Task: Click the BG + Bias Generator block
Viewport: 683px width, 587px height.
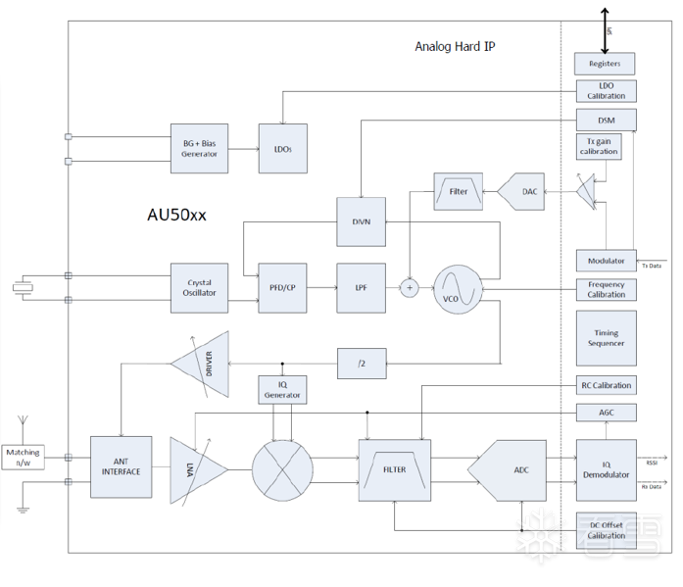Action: pyautogui.click(x=199, y=149)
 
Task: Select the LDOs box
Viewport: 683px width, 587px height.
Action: pyautogui.click(x=283, y=149)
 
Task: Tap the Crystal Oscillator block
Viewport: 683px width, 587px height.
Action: pyautogui.click(x=199, y=288)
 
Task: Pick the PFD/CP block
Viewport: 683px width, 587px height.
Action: pyautogui.click(x=283, y=288)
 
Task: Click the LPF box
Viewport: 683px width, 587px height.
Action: pyautogui.click(x=361, y=288)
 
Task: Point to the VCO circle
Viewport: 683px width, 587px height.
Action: pyautogui.click(x=459, y=289)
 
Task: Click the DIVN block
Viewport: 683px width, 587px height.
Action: pyautogui.click(x=361, y=222)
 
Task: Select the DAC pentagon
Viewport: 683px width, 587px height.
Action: pyautogui.click(x=525, y=192)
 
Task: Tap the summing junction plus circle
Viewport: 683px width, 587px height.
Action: pyautogui.click(x=410, y=288)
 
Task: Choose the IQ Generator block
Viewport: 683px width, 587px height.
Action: pyautogui.click(x=282, y=389)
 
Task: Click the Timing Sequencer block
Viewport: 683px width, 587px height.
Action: pyautogui.click(x=606, y=338)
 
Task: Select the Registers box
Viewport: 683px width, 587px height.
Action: pyautogui.click(x=605, y=64)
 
